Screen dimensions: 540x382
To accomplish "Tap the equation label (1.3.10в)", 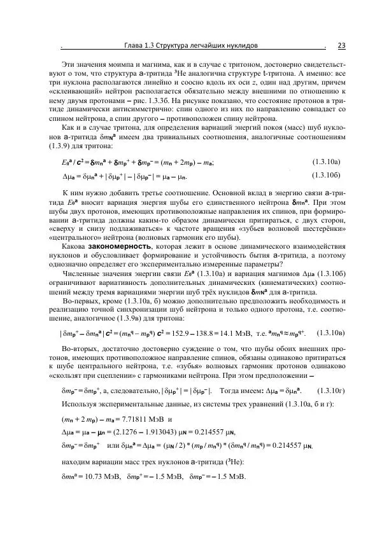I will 331,332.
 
